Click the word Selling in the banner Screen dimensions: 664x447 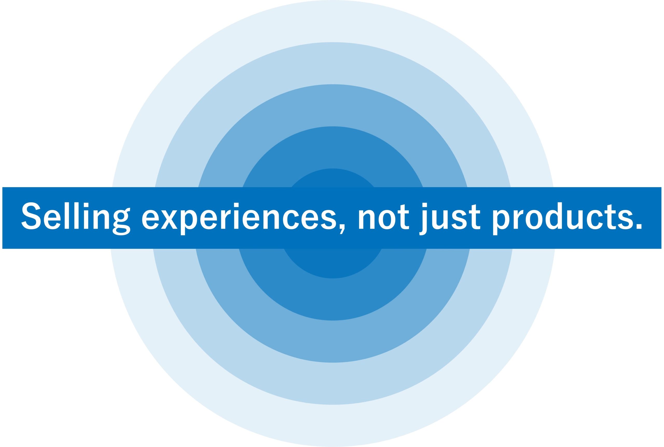click(x=76, y=218)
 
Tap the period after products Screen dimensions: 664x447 click(x=639, y=226)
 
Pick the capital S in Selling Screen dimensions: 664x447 click(x=31, y=216)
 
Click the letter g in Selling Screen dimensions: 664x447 click(x=122, y=222)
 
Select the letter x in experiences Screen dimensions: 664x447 click(x=169, y=219)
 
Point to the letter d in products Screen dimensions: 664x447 click(x=554, y=216)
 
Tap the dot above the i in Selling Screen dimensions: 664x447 click(x=86, y=205)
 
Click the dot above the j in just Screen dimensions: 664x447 click(x=425, y=205)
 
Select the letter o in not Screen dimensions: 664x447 click(x=387, y=219)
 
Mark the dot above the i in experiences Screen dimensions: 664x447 click(x=236, y=205)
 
